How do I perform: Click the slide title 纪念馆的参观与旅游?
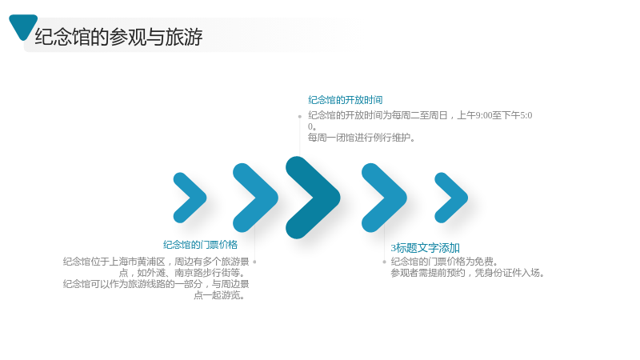tap(118, 37)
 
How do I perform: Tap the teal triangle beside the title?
tap(23, 26)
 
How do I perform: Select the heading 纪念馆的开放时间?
tap(346, 100)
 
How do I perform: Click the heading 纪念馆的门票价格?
tap(200, 245)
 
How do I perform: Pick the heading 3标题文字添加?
tap(425, 248)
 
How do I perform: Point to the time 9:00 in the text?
tap(484, 115)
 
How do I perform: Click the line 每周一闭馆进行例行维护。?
tap(362, 138)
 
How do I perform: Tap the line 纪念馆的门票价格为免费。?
tap(445, 262)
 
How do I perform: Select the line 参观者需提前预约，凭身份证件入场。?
tap(468, 273)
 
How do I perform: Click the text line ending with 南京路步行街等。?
tap(184, 273)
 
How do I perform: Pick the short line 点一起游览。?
tap(221, 295)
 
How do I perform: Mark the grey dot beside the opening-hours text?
tap(299, 116)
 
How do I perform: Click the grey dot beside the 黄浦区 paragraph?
tap(254, 262)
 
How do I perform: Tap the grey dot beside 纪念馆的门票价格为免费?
tap(384, 262)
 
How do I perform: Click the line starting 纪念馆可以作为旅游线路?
tap(156, 284)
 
